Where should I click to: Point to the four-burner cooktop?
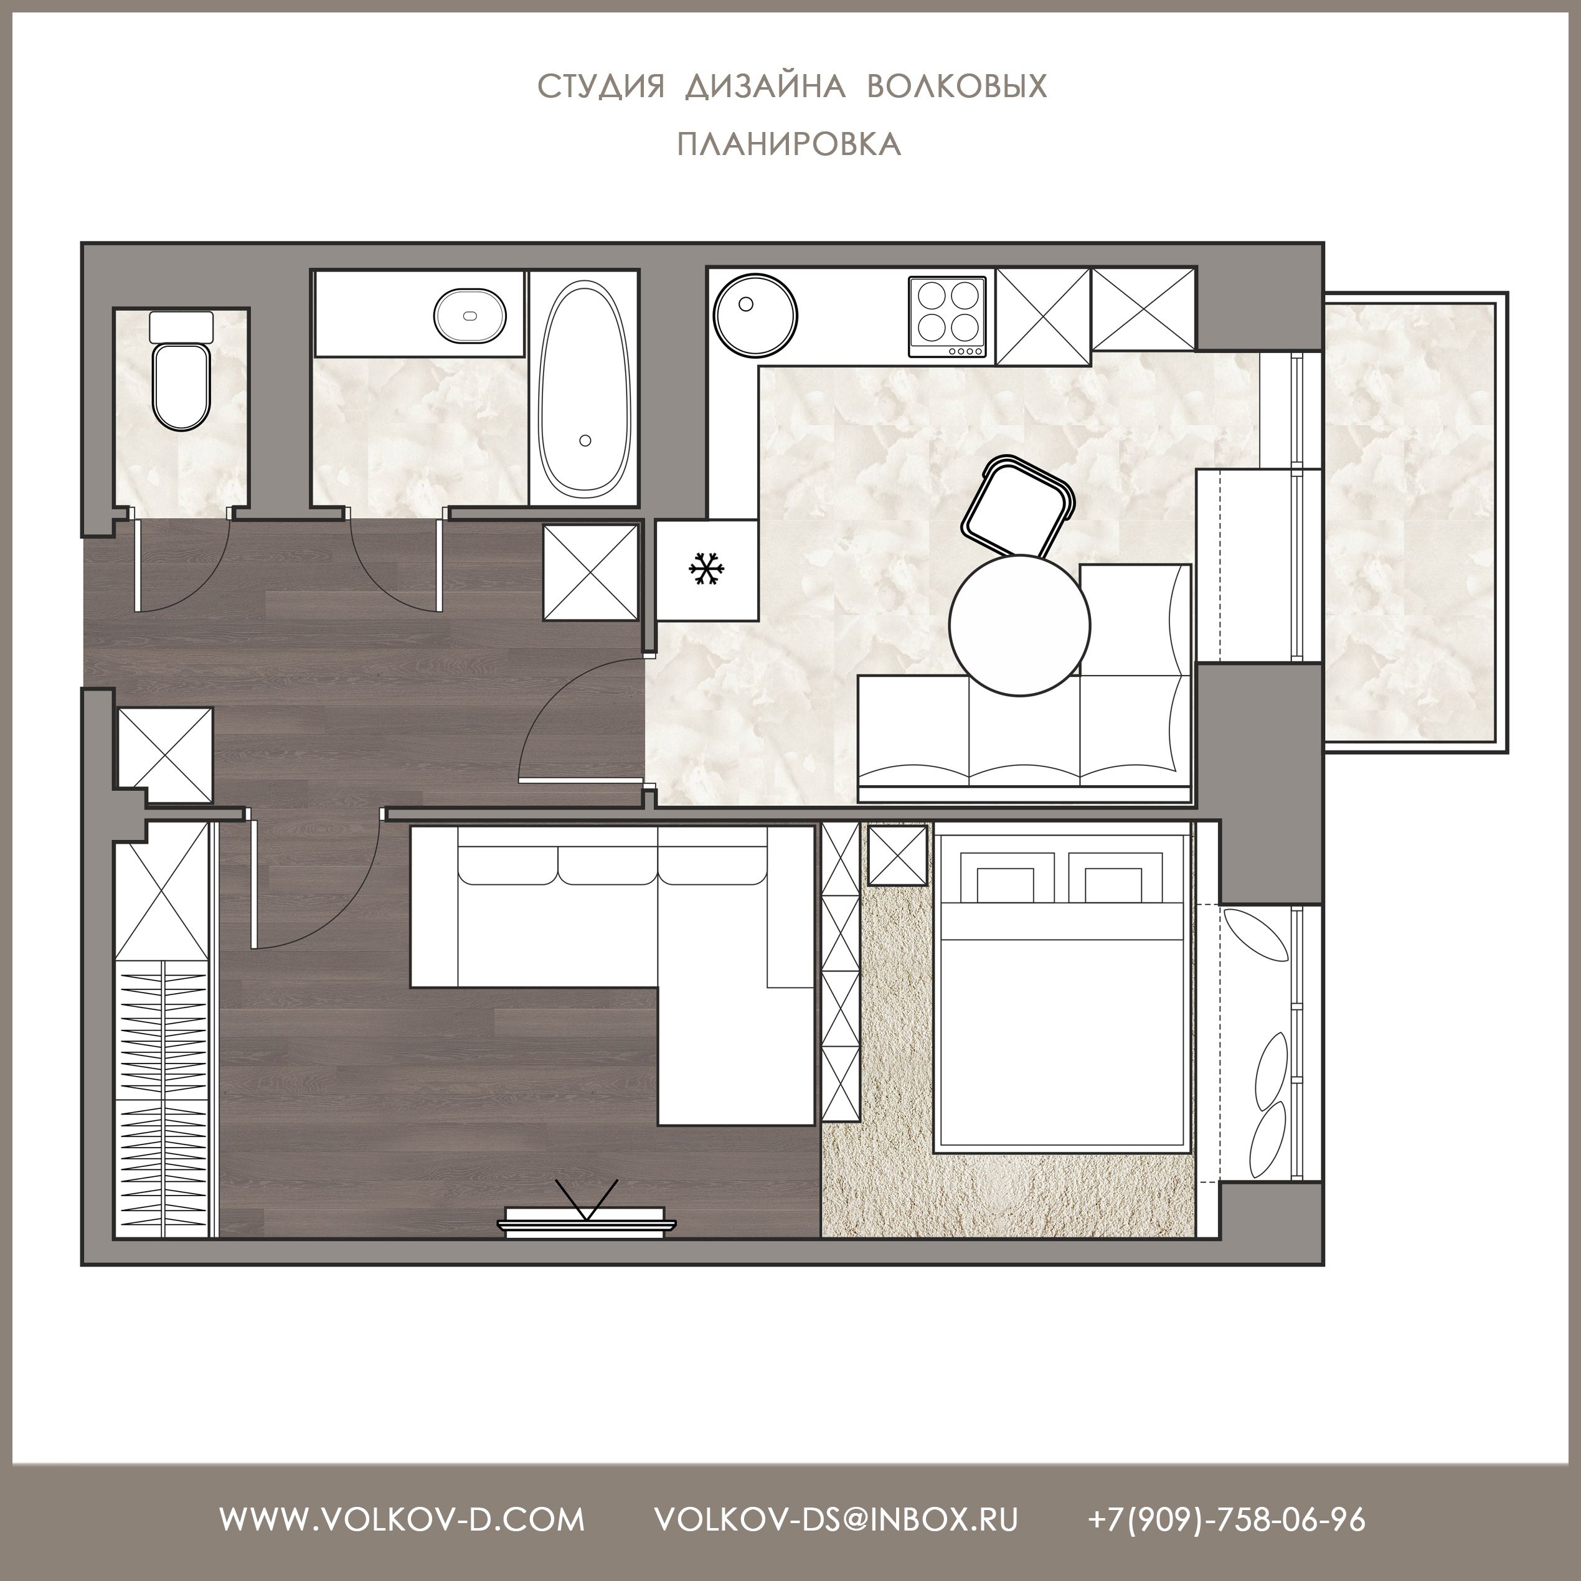pos(947,317)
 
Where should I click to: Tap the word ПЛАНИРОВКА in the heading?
pos(790,144)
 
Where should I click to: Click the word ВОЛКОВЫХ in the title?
pos(956,86)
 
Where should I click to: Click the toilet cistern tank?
pos(181,326)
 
